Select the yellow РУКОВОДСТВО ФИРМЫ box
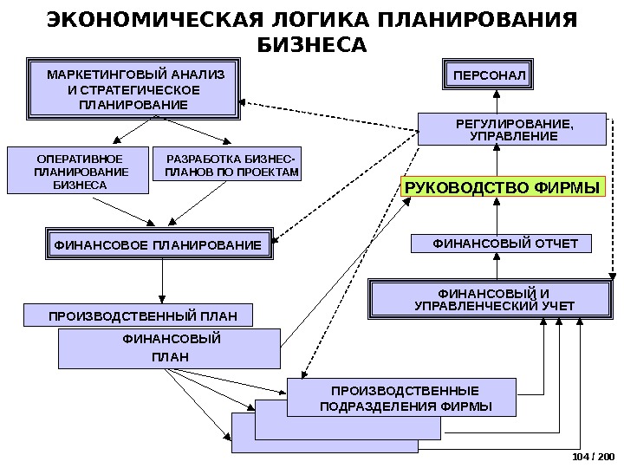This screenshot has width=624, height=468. (x=503, y=186)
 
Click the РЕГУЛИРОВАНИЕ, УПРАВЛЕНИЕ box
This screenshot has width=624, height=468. (x=513, y=129)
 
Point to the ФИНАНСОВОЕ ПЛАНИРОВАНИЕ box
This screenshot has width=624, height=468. (x=158, y=246)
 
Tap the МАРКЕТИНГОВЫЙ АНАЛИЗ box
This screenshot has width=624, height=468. (x=133, y=89)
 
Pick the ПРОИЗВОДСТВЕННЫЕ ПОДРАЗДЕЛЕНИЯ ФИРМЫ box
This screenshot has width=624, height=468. (x=401, y=399)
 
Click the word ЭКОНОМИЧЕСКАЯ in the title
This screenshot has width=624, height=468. (x=144, y=19)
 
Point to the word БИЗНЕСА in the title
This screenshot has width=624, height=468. (x=312, y=43)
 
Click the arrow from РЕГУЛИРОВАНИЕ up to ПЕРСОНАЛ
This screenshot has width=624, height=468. (x=497, y=101)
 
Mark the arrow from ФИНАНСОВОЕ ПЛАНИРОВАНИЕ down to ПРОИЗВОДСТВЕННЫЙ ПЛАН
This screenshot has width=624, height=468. (x=162, y=281)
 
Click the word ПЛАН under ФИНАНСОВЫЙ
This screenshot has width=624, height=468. (x=170, y=356)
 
